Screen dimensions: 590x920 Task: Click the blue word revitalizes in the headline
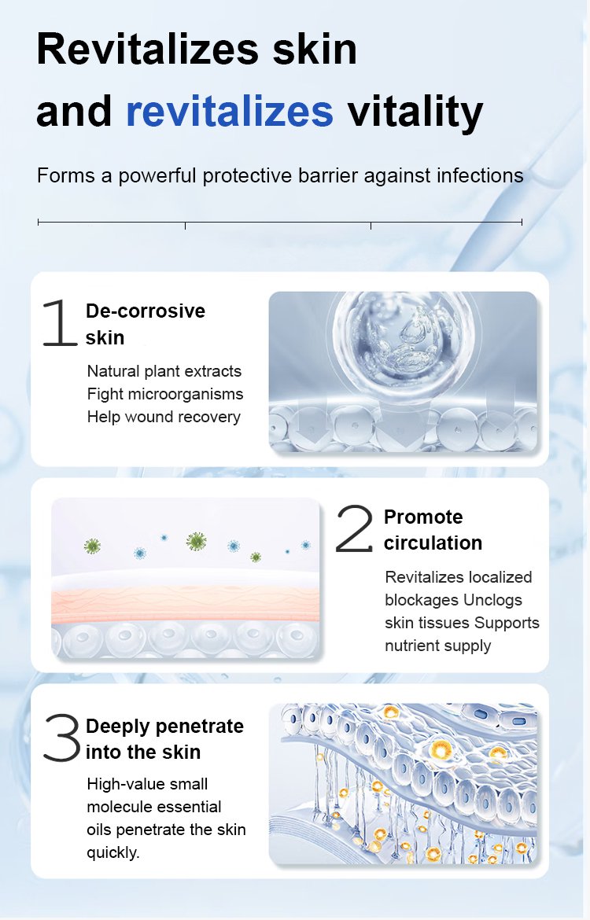point(230,111)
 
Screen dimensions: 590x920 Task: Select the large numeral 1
point(59,322)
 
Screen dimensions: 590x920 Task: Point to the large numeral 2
point(354,528)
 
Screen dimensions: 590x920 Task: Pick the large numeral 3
point(61,738)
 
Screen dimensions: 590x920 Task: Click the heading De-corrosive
point(146,311)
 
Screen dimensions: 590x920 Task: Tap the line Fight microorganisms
point(165,394)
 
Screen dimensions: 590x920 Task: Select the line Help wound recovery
point(164,417)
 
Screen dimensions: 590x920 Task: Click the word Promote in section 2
point(423,517)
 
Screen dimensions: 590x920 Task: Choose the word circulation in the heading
point(433,543)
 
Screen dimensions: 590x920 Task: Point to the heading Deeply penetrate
point(164,727)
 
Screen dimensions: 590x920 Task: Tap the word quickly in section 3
point(113,852)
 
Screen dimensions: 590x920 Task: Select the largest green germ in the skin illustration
point(196,541)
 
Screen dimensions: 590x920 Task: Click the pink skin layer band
point(186,605)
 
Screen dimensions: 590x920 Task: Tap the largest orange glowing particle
point(439,749)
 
